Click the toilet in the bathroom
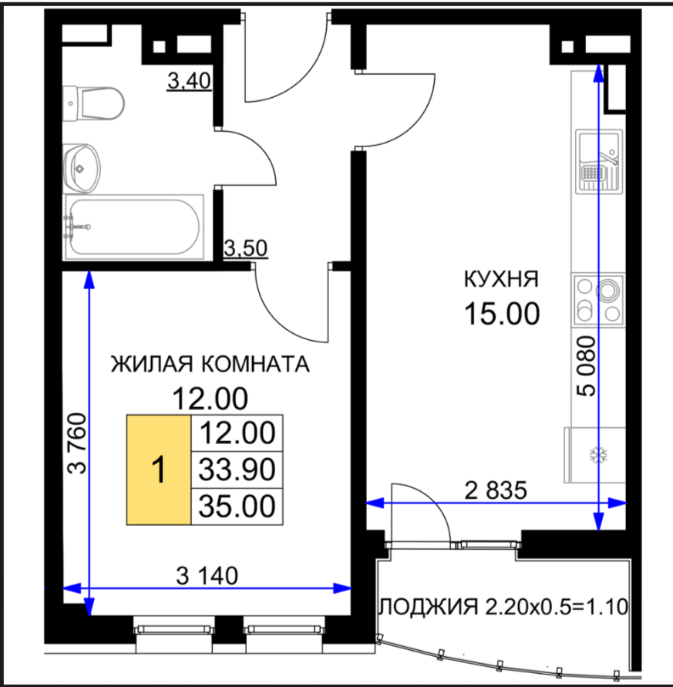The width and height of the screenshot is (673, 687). coord(93,104)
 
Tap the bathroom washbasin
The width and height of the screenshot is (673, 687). coord(82,169)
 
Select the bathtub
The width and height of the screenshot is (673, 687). coord(134,227)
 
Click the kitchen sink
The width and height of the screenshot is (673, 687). coord(598,161)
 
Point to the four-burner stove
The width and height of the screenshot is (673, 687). coord(598,300)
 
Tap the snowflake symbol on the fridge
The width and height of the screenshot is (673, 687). coord(597,456)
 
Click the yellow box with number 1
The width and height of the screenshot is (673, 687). coord(159,470)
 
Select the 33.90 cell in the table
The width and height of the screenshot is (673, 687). coord(237,470)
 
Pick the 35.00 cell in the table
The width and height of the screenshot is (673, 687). coord(237,506)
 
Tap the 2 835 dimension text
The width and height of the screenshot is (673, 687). coord(496,490)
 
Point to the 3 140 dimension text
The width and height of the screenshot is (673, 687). coord(207,576)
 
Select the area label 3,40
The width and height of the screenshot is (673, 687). coord(190,81)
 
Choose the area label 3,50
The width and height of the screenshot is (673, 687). coord(245,248)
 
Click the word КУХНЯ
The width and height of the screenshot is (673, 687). coord(501,279)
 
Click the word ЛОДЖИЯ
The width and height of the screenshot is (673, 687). coord(429,608)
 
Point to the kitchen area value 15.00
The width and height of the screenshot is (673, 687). coord(502,314)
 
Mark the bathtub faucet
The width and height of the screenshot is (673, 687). coord(77,227)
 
